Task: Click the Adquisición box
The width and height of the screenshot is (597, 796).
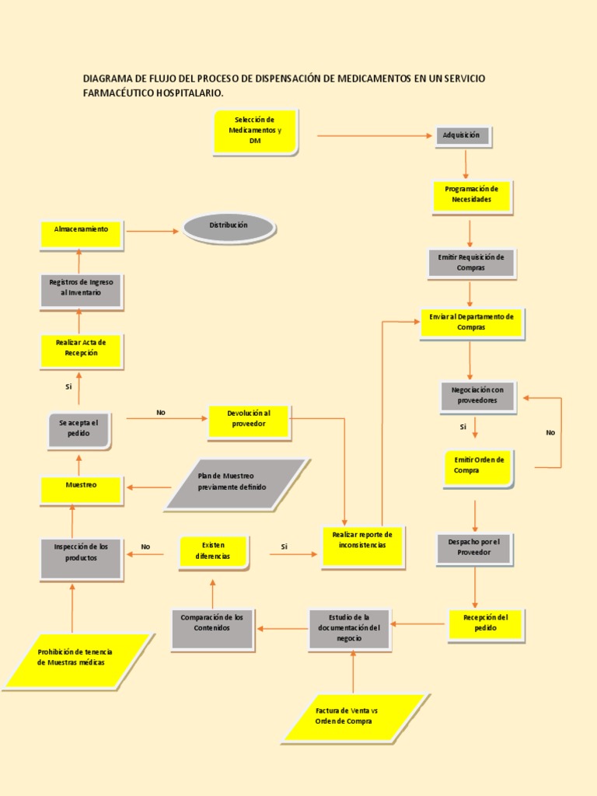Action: pos(462,136)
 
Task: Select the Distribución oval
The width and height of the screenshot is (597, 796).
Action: pos(229,227)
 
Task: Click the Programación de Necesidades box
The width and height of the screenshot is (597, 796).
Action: pos(472,196)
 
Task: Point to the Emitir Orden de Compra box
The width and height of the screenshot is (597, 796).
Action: pos(478,467)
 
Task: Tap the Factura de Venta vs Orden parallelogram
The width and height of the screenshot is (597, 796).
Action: pos(354,717)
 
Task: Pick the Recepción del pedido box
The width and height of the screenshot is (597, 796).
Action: pos(485,624)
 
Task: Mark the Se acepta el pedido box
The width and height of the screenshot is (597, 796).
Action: pos(79,430)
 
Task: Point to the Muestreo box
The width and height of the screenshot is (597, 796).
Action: pos(82,490)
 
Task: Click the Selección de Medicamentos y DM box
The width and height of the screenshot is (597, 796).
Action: pos(255,131)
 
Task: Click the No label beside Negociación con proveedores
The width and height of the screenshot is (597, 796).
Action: pos(550,433)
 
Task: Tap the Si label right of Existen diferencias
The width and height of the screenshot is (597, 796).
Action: pos(285,547)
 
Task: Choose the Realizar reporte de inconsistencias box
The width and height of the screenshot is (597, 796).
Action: pos(362,546)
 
